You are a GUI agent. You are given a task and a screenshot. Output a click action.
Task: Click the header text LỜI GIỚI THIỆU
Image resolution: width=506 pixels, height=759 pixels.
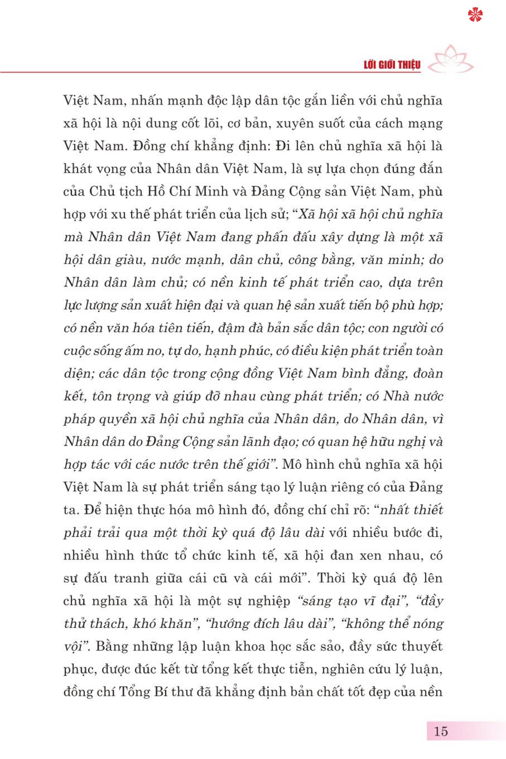pyautogui.click(x=392, y=65)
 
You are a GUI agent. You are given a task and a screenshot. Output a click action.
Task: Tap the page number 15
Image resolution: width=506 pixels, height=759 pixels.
pyautogui.click(x=441, y=731)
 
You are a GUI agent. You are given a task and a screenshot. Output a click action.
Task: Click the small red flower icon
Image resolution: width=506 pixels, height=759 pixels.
pyautogui.click(x=475, y=15)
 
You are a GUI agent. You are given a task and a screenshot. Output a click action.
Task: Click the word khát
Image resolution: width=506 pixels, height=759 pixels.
pyautogui.click(x=78, y=169)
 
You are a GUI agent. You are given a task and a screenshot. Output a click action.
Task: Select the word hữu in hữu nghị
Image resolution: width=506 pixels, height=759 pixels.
pyautogui.click(x=385, y=442)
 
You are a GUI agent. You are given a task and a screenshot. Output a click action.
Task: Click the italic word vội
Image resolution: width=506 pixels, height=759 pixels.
pyautogui.click(x=74, y=647)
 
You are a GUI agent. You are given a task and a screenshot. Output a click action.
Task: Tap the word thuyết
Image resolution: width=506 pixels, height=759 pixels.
pyautogui.click(x=421, y=647)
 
